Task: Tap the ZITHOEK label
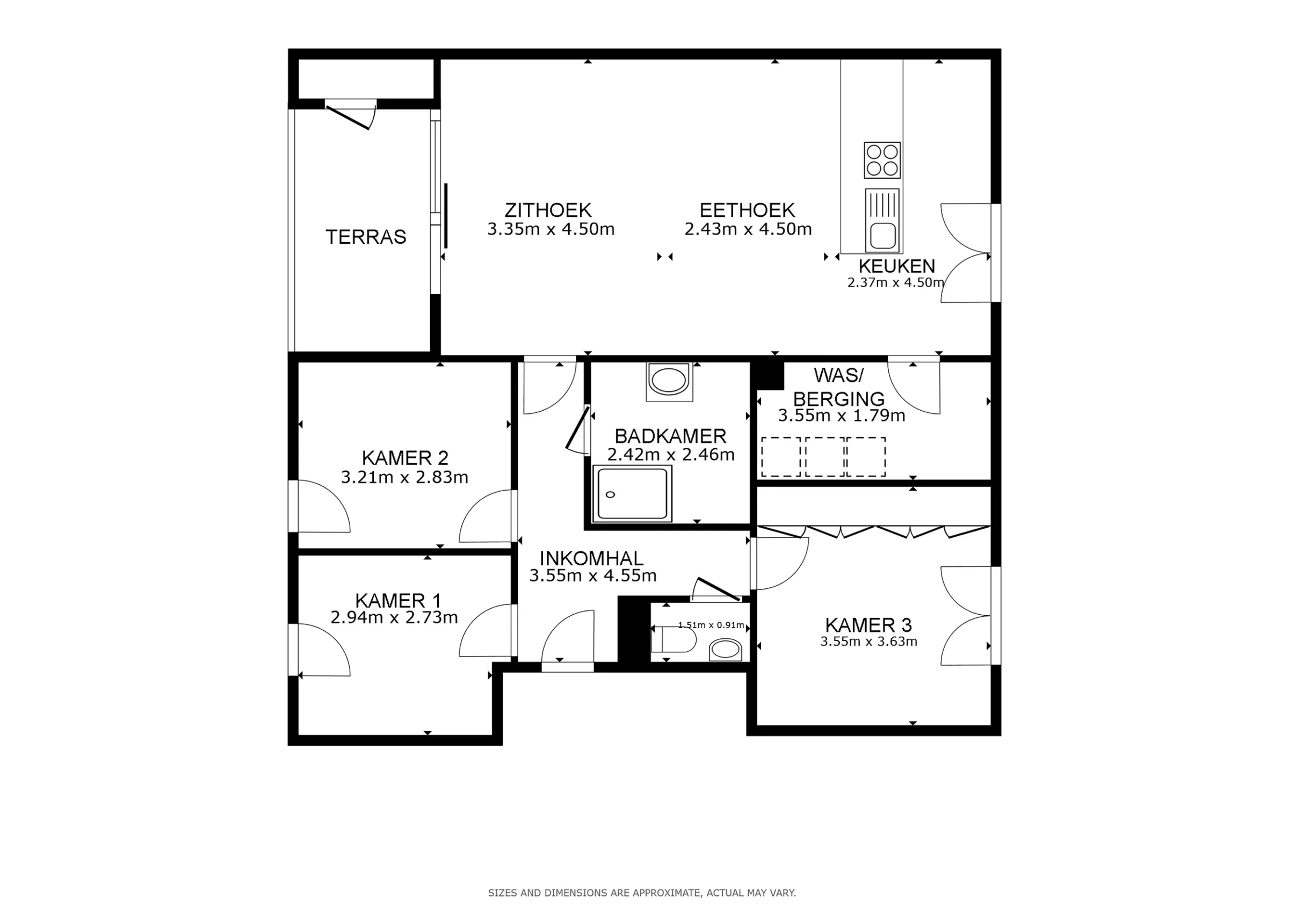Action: point(548,210)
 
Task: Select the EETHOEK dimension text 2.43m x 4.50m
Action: point(748,229)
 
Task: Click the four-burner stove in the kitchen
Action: point(882,160)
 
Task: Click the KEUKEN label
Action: point(896,266)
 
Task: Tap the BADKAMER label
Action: point(670,436)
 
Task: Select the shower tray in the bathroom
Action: point(633,494)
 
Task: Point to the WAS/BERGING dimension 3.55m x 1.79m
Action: point(842,416)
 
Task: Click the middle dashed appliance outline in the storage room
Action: point(825,457)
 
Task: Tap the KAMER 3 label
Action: point(868,625)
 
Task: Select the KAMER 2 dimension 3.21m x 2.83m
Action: point(404,477)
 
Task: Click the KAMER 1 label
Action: point(398,601)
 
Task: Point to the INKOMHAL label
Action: point(592,558)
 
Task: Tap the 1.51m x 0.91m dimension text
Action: point(711,625)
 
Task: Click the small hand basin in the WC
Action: point(726,651)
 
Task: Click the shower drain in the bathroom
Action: point(611,494)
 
